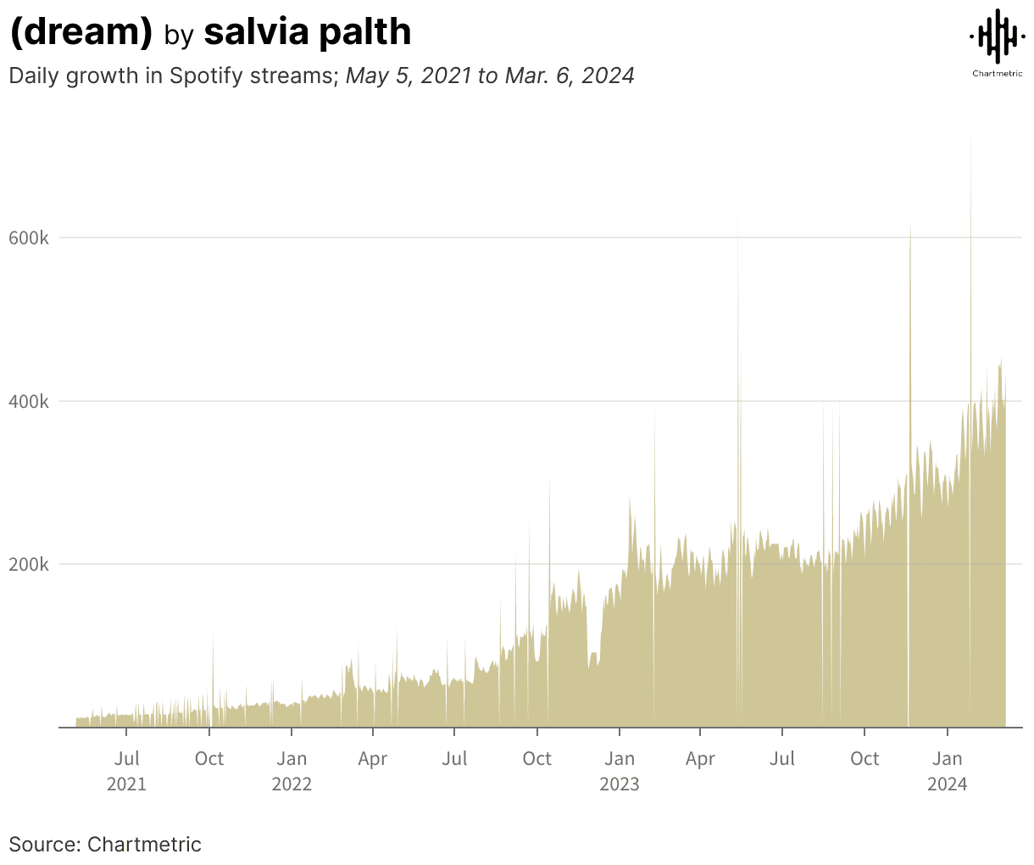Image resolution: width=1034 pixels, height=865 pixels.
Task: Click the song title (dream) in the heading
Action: (x=81, y=32)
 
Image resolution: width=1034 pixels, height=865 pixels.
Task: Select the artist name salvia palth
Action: (x=308, y=32)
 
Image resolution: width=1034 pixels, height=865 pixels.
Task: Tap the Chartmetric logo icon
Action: (x=997, y=36)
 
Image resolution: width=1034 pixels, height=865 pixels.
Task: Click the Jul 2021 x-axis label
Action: (x=126, y=770)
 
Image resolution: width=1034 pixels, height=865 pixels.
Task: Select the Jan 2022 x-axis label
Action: (x=292, y=770)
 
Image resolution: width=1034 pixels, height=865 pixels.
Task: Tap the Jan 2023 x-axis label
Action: (x=620, y=770)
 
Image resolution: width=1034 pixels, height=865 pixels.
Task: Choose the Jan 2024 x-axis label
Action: (x=947, y=770)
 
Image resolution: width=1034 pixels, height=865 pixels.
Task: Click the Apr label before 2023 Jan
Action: (x=373, y=758)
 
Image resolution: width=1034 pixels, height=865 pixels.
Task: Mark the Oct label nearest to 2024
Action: (x=864, y=758)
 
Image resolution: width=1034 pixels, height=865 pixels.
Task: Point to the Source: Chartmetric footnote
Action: (x=105, y=844)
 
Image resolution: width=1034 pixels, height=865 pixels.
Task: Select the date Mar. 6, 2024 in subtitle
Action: (x=570, y=75)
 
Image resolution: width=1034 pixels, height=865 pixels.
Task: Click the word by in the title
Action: (x=179, y=35)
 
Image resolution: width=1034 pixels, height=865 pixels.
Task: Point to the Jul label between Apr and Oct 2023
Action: (x=782, y=758)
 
